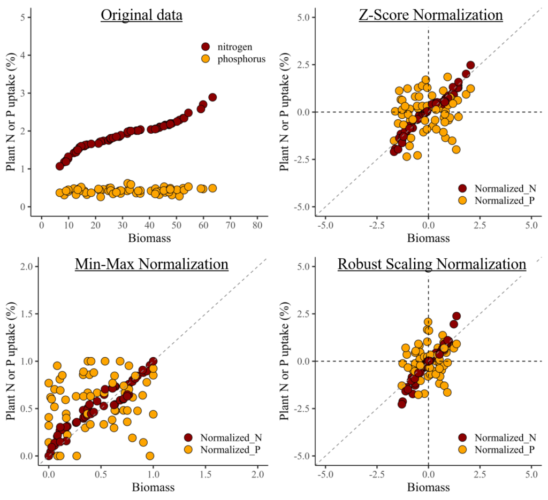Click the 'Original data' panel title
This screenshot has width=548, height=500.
pyautogui.click(x=142, y=15)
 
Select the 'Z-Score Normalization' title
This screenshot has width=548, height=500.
pyautogui.click(x=430, y=15)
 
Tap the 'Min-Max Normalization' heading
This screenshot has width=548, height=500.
pyautogui.click(x=151, y=264)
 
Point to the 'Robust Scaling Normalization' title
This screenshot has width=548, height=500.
pyautogui.click(x=431, y=264)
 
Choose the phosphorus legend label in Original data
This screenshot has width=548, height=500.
pyautogui.click(x=241, y=59)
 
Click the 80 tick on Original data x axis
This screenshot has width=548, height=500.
pyautogui.click(x=257, y=225)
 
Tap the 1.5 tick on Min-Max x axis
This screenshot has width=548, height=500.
pyautogui.click(x=205, y=475)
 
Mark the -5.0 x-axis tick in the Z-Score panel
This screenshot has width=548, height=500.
pyautogui.click(x=325, y=225)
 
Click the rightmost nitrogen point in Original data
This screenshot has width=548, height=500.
pyautogui.click(x=212, y=97)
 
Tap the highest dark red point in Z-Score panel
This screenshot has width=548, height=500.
pyautogui.click(x=470, y=65)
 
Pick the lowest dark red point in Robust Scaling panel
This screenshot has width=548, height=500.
pyautogui.click(x=402, y=404)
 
